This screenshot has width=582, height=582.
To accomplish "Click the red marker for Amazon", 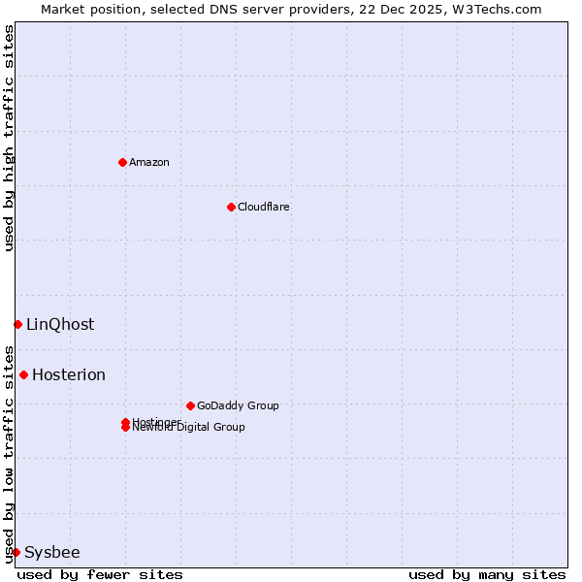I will click(122, 162).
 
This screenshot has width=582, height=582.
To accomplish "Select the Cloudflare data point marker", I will click(231, 207).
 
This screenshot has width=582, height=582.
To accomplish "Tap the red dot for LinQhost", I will click(17, 324).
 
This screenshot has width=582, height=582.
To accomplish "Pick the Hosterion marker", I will click(23, 374).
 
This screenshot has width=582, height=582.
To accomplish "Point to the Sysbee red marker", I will click(16, 552).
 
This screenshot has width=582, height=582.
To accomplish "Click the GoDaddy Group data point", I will click(190, 405).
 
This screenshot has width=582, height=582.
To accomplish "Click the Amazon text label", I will click(149, 162).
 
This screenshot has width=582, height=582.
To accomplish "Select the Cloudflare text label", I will click(264, 207).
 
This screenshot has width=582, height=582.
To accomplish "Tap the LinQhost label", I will click(60, 324).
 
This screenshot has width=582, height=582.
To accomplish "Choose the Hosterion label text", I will click(69, 374).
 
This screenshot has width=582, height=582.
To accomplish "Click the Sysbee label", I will click(52, 552).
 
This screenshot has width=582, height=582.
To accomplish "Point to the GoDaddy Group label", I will click(238, 405).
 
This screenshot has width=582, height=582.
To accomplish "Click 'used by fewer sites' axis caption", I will click(100, 574).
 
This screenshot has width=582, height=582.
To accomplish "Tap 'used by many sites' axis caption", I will click(487, 574).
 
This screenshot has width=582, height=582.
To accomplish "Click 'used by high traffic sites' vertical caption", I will click(9, 138).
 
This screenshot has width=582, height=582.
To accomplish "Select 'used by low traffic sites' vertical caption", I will click(9, 454).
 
